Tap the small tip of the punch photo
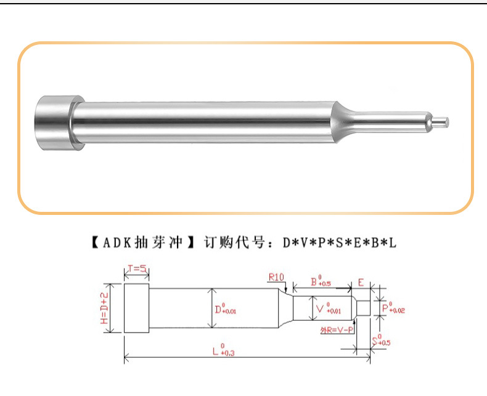click(442, 121)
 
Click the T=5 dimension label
click(136, 269)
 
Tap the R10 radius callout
click(277, 277)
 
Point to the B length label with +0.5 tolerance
click(321, 282)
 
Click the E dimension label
click(361, 283)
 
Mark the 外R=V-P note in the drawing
click(337, 329)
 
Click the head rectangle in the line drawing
click(137, 307)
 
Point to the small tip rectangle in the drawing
click(364, 307)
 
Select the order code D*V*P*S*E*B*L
click(339, 243)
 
